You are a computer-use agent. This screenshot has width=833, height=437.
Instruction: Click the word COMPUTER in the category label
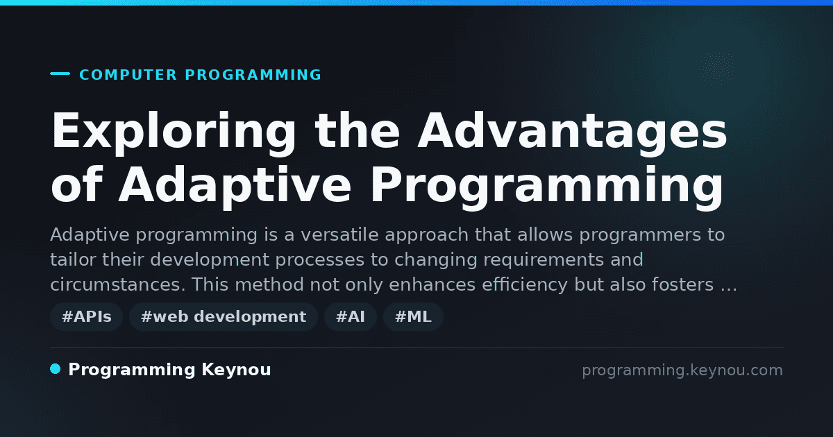[128, 75]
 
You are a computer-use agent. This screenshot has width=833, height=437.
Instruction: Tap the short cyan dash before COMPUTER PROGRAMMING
[60, 74]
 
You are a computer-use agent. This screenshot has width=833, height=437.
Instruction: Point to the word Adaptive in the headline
[235, 186]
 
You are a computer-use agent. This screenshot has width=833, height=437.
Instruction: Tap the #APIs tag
[86, 316]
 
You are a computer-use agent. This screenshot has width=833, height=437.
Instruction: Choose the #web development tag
[223, 316]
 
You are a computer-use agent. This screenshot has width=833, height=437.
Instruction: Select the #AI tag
[351, 316]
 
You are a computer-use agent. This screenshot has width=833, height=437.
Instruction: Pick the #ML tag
[413, 316]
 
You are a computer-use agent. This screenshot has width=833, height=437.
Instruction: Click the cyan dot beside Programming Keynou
[56, 369]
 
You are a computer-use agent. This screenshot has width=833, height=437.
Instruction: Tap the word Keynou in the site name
[236, 370]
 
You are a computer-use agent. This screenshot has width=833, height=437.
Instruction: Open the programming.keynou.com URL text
[682, 370]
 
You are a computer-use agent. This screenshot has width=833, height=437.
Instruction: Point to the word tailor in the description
[73, 259]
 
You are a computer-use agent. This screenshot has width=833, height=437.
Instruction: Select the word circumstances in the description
[117, 284]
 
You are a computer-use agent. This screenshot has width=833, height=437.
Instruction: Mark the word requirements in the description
[544, 259]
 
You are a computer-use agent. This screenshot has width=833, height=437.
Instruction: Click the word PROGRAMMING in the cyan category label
[253, 75]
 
